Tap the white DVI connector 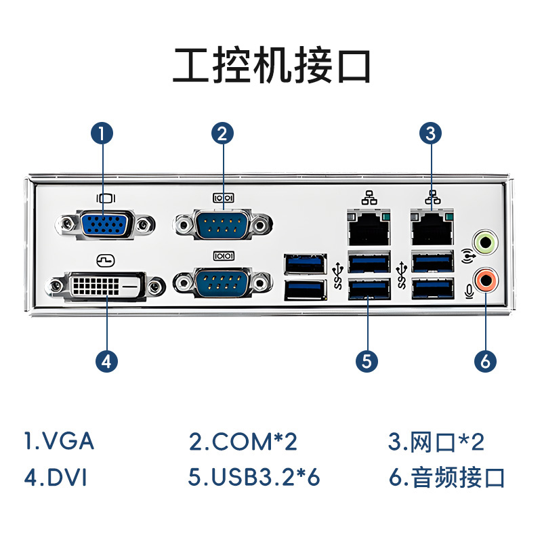click(x=106, y=287)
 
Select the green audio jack click(x=485, y=242)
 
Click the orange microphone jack click(x=485, y=278)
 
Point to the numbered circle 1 click(x=102, y=133)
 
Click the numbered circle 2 click(x=222, y=133)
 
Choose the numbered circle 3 click(x=431, y=133)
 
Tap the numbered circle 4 click(x=106, y=361)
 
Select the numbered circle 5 click(x=367, y=361)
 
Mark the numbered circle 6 click(x=485, y=361)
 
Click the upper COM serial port click(x=223, y=224)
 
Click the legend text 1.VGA click(x=59, y=442)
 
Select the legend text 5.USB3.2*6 click(x=254, y=477)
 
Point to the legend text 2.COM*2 click(x=243, y=442)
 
